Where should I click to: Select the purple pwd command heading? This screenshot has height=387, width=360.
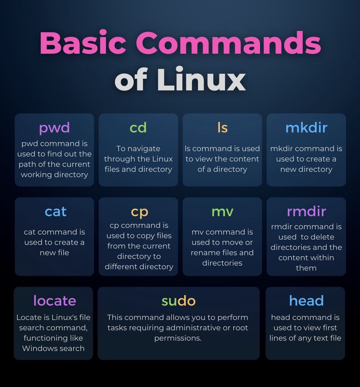(x=54, y=128)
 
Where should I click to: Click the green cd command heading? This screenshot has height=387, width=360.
(x=138, y=128)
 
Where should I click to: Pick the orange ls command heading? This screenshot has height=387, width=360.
(x=222, y=128)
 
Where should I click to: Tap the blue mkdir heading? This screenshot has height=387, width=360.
(x=306, y=128)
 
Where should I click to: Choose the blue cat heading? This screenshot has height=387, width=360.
(x=56, y=212)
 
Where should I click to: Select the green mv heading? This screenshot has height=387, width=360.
(x=222, y=212)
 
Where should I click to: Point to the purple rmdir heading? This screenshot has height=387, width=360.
(x=306, y=211)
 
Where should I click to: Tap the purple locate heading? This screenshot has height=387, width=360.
(x=55, y=301)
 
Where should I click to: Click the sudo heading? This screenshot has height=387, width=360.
(x=178, y=301)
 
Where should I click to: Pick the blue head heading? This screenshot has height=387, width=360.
(x=306, y=301)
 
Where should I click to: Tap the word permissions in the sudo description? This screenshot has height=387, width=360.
(x=177, y=338)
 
